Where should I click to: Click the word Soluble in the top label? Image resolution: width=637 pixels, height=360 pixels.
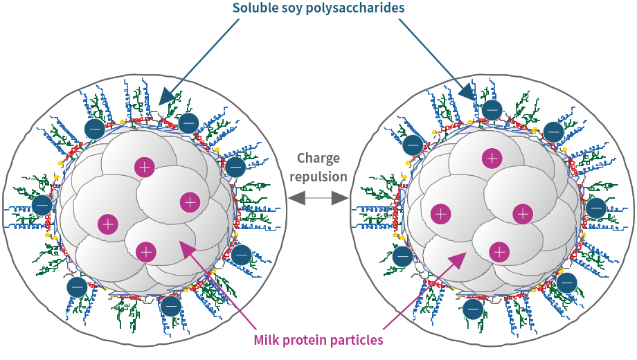tap(255, 8)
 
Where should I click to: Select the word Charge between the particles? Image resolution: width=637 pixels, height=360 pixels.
tap(318, 159)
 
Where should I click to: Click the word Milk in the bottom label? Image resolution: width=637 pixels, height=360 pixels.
tap(267, 341)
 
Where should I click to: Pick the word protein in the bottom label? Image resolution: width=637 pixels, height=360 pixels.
tap(307, 341)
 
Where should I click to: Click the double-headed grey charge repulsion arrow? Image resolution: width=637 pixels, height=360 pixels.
tap(318, 199)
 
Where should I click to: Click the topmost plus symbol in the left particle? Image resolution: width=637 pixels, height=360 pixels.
tap(145, 166)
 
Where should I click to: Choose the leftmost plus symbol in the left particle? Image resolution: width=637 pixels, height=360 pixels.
tap(107, 224)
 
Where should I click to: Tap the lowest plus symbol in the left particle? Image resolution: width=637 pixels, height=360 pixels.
tap(145, 251)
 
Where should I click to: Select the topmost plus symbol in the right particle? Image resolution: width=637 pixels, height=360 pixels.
tap(492, 159)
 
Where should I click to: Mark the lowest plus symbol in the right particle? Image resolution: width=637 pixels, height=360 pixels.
tap(499, 251)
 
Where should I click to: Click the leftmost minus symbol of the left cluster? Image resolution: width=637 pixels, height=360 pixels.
tap(41, 205)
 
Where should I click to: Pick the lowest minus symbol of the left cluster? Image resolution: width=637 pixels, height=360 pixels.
tap(170, 305)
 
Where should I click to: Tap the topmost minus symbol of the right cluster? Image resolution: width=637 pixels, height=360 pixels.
tap(492, 109)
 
